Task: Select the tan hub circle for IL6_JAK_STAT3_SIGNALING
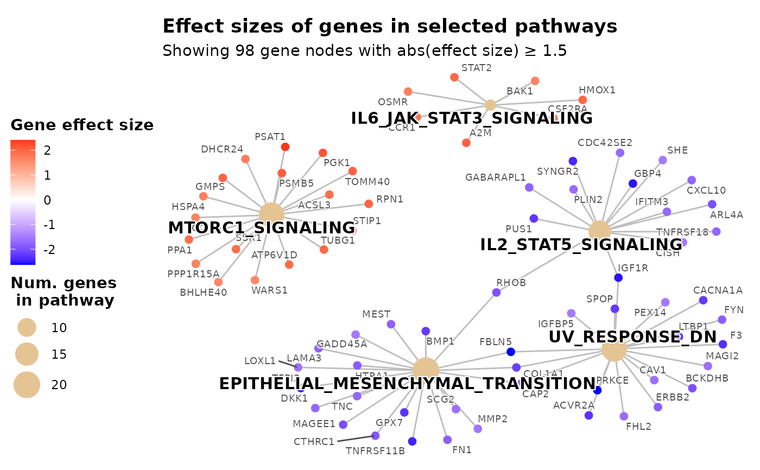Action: click(x=490, y=105)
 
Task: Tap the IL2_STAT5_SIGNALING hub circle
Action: click(x=599, y=232)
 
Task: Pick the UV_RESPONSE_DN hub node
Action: click(x=615, y=349)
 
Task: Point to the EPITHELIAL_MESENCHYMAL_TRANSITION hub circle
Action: click(x=426, y=370)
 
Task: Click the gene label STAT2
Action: click(x=476, y=68)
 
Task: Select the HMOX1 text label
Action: click(x=597, y=90)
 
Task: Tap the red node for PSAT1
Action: click(x=285, y=147)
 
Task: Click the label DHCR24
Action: click(x=221, y=149)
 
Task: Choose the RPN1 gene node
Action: click(x=369, y=204)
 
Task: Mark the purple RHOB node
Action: click(x=496, y=293)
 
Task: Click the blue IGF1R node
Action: click(x=618, y=278)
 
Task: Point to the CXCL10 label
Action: click(x=706, y=190)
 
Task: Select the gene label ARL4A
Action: click(x=726, y=215)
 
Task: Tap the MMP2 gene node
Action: click(x=478, y=429)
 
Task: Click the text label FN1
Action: click(x=462, y=450)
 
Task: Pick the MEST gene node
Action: click(x=391, y=324)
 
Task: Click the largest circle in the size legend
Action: click(x=27, y=385)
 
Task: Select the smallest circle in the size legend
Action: click(x=27, y=327)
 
